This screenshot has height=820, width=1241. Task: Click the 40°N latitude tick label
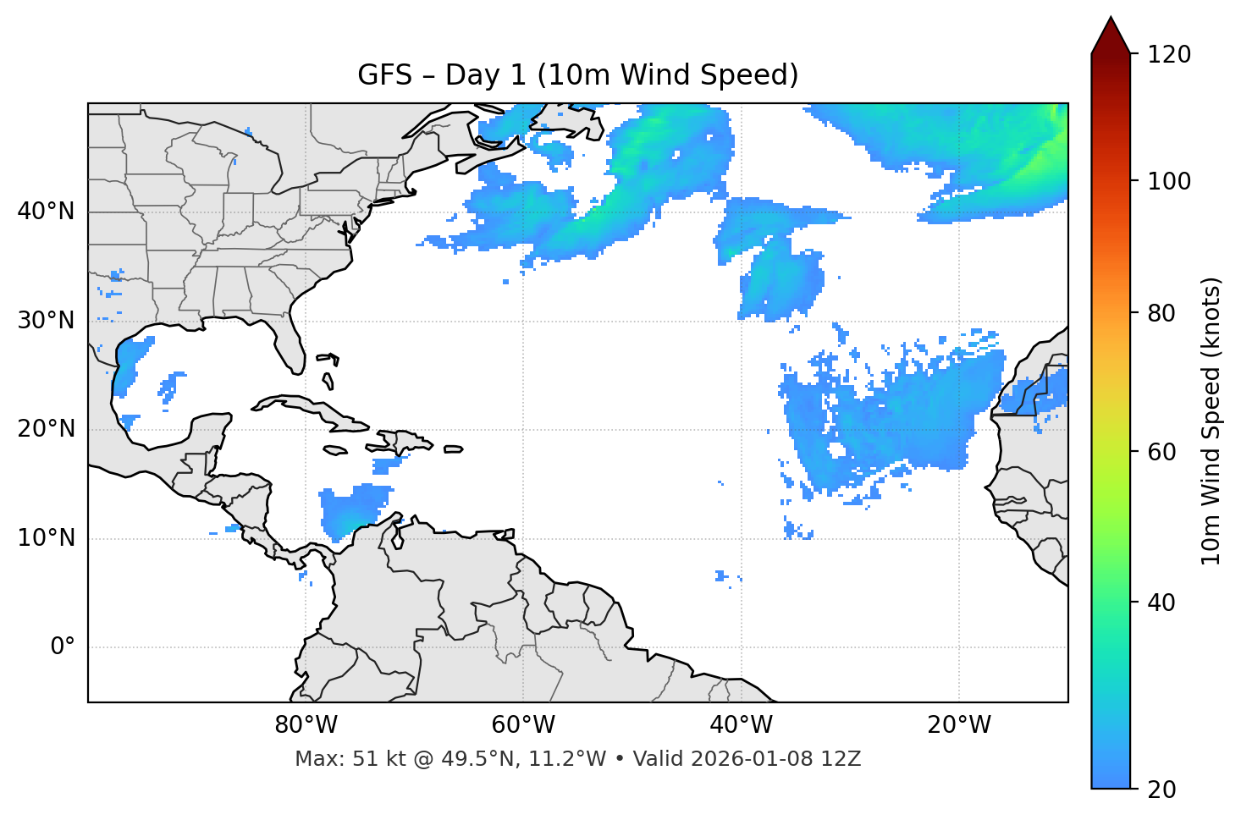(46, 212)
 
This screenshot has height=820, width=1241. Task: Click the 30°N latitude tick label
(46, 321)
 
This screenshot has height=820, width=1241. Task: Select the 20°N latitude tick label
(46, 429)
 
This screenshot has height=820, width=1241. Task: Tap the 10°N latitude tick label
(46, 538)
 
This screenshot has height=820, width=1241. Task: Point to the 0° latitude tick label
(63, 647)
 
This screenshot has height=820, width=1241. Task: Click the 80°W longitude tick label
(306, 725)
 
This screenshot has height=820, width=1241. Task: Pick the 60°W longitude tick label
(523, 725)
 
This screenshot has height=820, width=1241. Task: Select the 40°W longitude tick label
(741, 725)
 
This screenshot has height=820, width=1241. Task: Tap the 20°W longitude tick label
(958, 725)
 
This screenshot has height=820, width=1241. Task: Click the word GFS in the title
(384, 75)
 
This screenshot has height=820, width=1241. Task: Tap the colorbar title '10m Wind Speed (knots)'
(1211, 421)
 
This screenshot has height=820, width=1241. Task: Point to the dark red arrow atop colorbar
(1111, 36)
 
